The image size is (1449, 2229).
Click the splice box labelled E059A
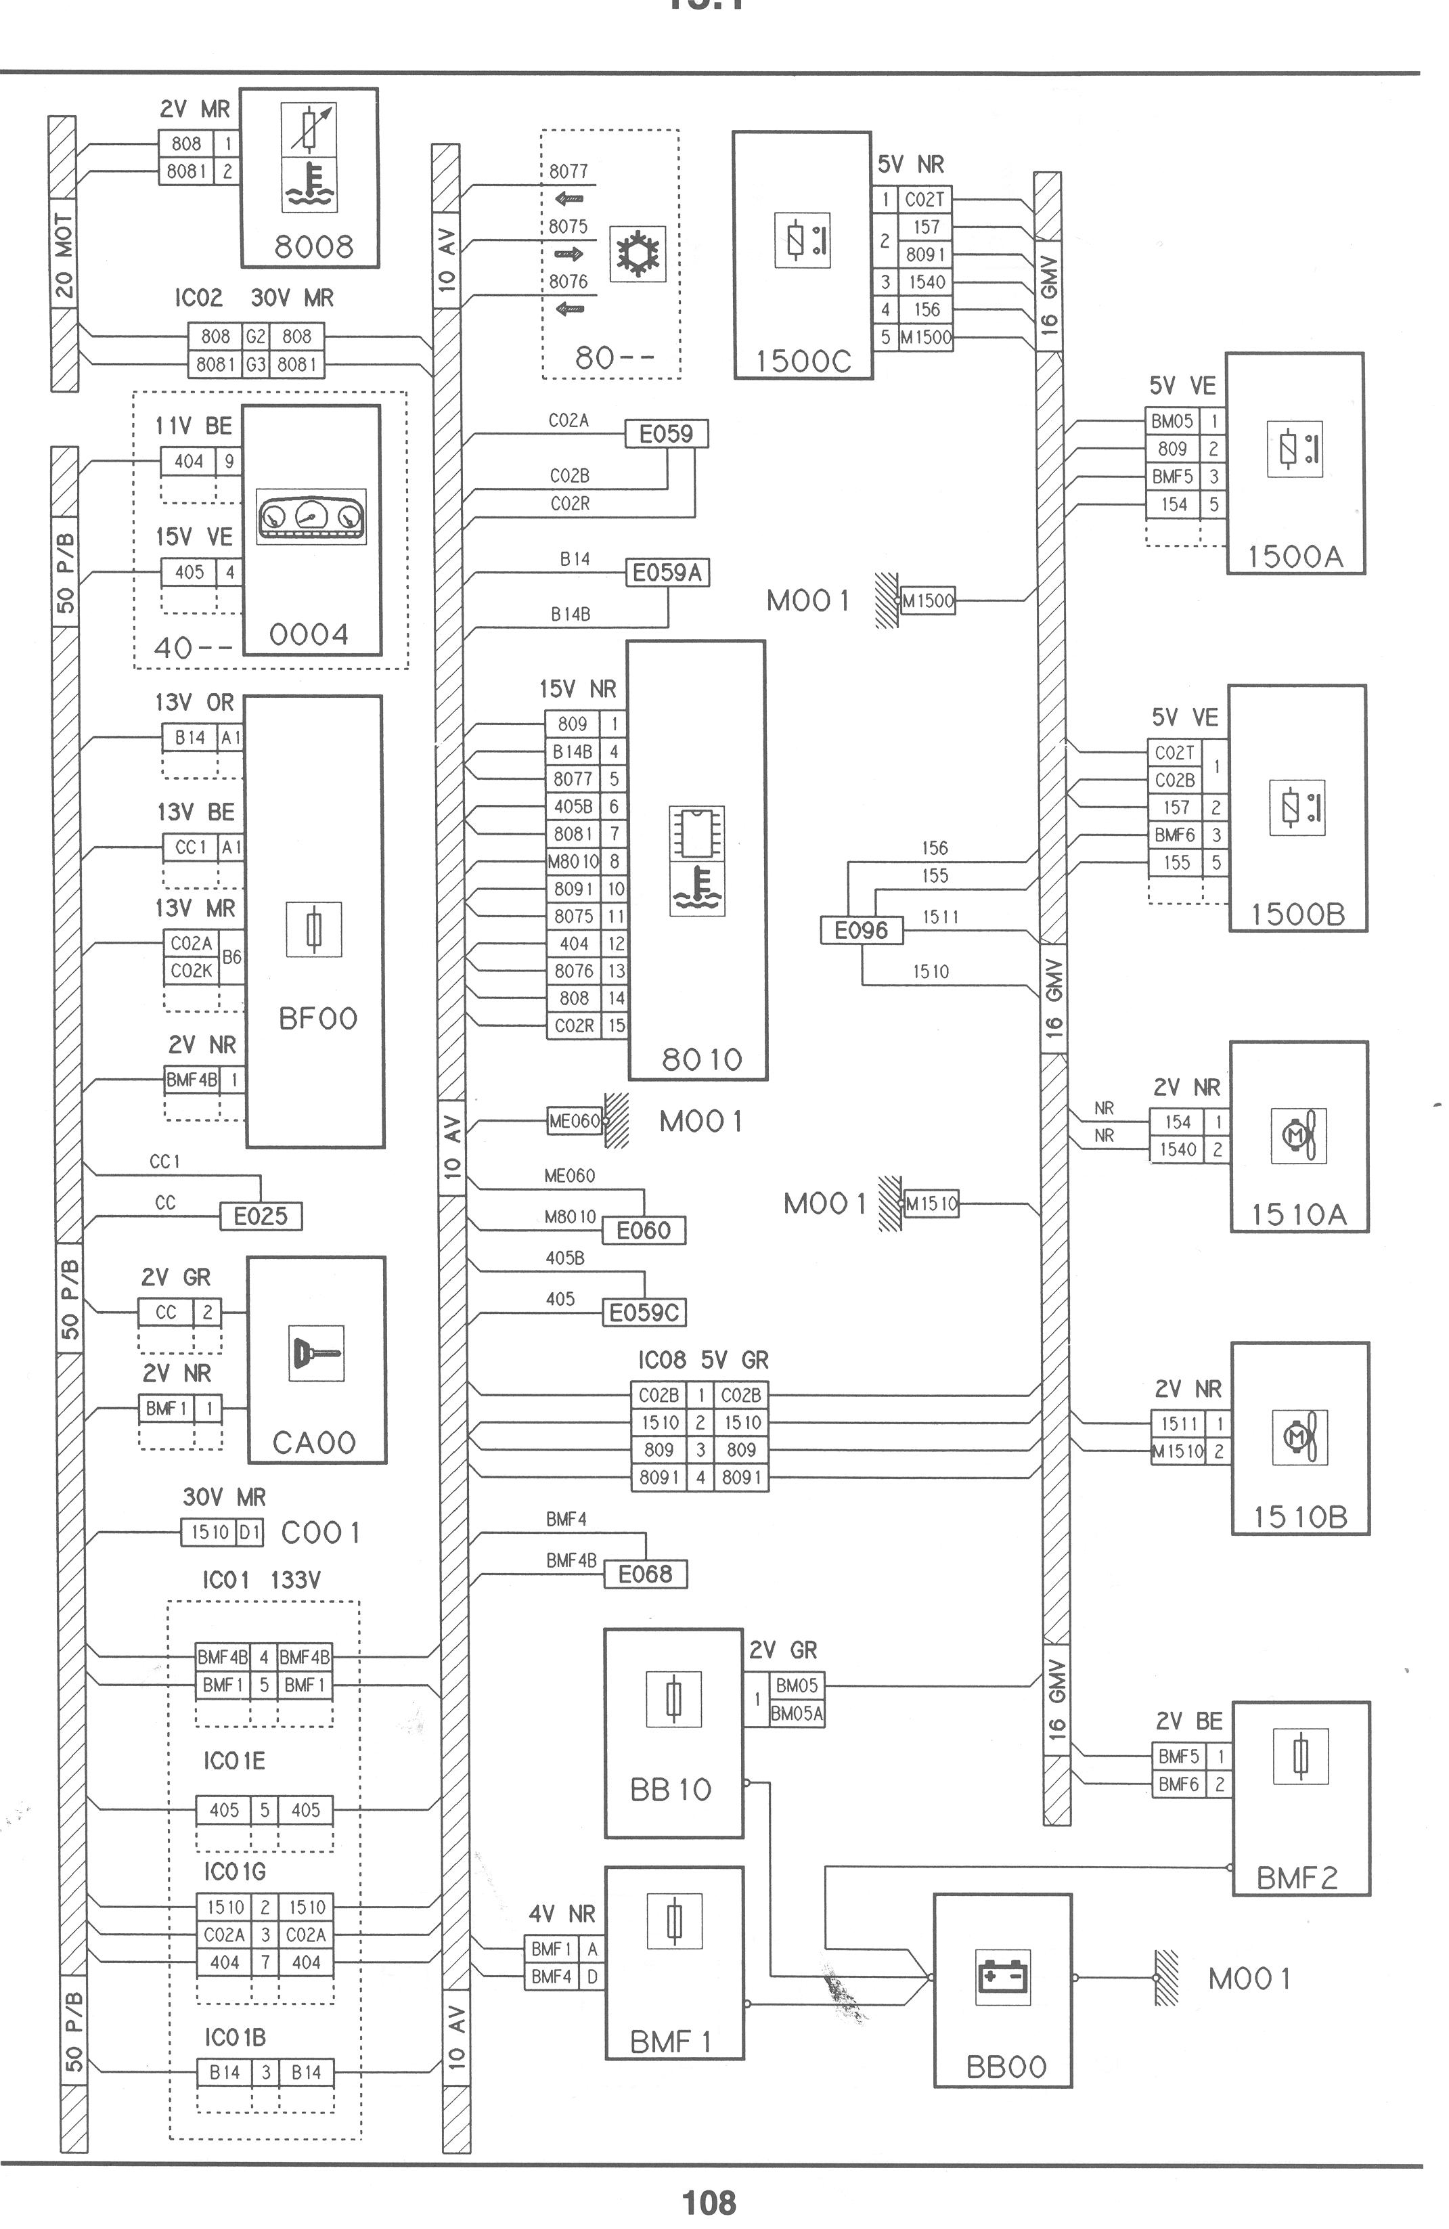click(667, 572)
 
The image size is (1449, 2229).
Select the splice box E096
click(861, 930)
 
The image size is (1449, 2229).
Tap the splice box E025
click(261, 1216)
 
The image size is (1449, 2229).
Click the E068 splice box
click(644, 1573)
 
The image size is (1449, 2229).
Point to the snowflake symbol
click(637, 254)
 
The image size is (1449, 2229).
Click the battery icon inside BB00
click(1003, 1976)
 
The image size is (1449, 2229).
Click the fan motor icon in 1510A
click(1298, 1135)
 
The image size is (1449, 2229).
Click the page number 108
click(709, 2203)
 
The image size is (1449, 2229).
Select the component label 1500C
click(803, 361)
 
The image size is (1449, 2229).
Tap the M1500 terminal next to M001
click(927, 601)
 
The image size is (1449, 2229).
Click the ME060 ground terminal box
click(574, 1121)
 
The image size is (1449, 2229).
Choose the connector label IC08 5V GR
click(703, 1360)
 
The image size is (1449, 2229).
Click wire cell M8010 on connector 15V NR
click(573, 862)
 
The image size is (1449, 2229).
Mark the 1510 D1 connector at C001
click(222, 1532)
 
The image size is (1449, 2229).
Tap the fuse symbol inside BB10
click(673, 1699)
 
